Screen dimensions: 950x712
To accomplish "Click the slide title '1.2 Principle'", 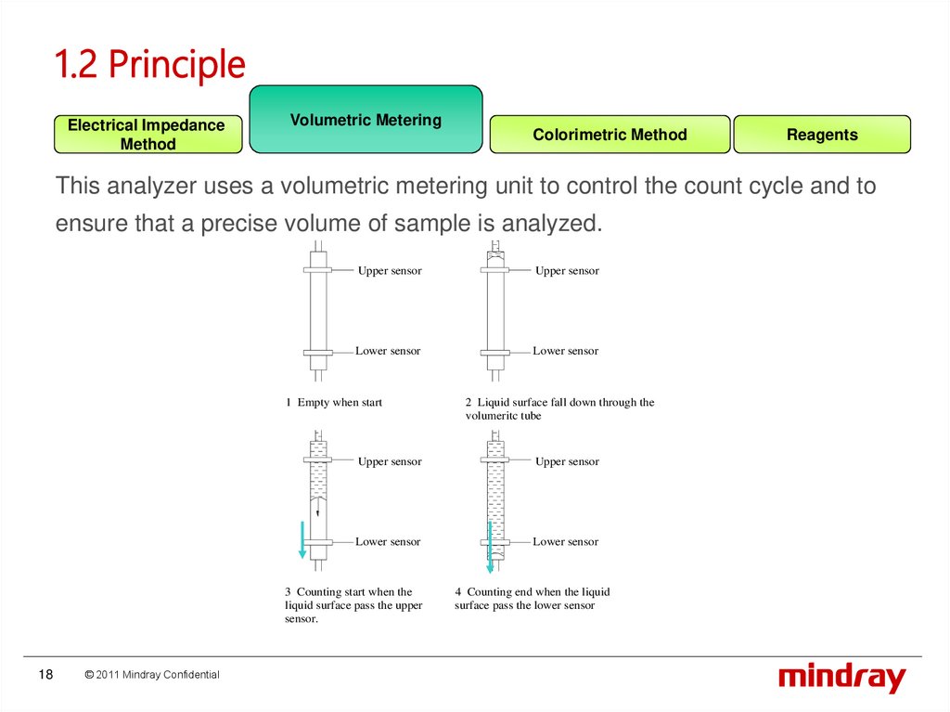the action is coord(149,65).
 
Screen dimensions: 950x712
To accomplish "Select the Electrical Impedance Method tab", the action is coord(148,135).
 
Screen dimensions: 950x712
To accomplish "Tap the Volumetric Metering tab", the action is coord(366,120).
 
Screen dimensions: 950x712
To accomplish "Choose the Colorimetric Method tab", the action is coord(610,135).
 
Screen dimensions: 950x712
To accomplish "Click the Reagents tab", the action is coord(822,135).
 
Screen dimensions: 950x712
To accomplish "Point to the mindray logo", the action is coord(841,678).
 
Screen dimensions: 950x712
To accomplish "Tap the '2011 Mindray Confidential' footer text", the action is coord(152,675).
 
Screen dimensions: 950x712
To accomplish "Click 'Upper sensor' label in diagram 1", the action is coord(390,271).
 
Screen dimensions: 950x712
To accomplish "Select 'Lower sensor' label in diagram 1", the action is coord(388,351).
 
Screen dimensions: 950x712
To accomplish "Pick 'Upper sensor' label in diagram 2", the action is coord(567,271).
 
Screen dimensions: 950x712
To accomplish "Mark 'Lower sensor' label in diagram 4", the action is coord(565,542).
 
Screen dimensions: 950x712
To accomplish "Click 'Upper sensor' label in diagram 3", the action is coord(390,461).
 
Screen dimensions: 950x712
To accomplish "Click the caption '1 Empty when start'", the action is coord(334,403).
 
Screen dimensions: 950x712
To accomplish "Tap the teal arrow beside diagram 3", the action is coord(302,540).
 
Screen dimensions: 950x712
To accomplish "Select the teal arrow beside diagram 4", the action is coord(490,548).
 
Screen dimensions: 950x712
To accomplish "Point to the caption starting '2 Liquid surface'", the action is coord(559,409).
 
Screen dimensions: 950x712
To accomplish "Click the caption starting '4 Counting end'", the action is coord(532,599).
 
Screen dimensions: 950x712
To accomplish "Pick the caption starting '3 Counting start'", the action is coord(353,605).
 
